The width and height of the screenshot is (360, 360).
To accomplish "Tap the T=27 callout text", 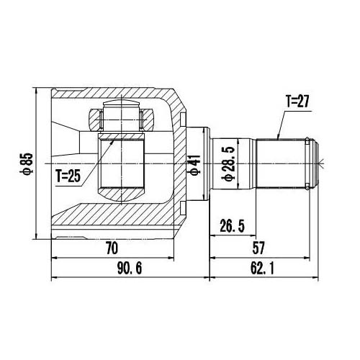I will [297, 102].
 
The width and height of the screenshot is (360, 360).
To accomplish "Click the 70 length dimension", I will [112, 248].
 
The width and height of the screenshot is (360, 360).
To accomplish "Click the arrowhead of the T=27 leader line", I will [277, 137].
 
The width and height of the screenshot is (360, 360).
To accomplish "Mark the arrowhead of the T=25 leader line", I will [115, 139].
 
